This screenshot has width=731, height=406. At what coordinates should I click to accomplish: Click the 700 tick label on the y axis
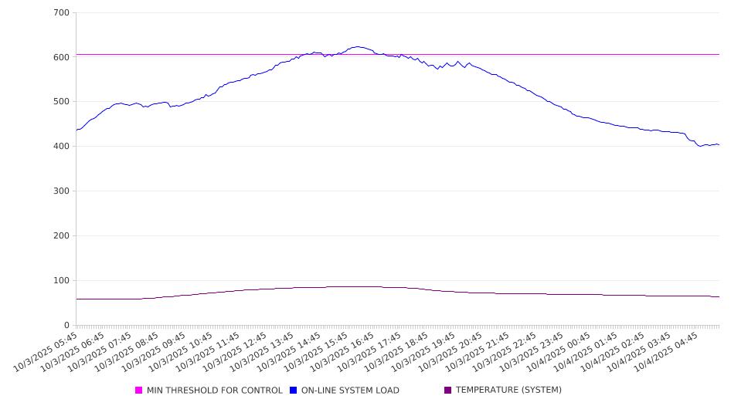click(62, 12)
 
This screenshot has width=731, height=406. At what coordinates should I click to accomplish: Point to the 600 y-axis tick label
click(62, 57)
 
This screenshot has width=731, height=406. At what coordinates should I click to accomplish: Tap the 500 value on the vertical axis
click(62, 102)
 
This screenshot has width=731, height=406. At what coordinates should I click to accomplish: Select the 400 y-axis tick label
click(62, 147)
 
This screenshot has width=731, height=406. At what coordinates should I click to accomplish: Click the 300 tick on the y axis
click(62, 191)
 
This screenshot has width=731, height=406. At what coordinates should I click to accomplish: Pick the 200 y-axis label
click(62, 236)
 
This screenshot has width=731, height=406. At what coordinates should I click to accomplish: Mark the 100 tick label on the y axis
click(62, 281)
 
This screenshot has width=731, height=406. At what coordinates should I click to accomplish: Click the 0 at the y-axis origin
click(67, 325)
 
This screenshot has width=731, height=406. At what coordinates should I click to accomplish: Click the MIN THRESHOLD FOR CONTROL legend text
click(214, 391)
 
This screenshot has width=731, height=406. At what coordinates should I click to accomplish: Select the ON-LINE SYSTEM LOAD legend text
click(350, 391)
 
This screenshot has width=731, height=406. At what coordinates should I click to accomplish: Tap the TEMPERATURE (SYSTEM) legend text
click(508, 391)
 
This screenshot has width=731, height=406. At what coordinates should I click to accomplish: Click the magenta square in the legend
click(139, 391)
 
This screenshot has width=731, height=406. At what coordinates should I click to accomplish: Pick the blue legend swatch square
click(294, 391)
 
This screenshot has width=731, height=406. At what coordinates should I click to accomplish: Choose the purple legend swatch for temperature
click(448, 391)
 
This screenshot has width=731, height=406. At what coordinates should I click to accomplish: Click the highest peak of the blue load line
click(356, 46)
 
